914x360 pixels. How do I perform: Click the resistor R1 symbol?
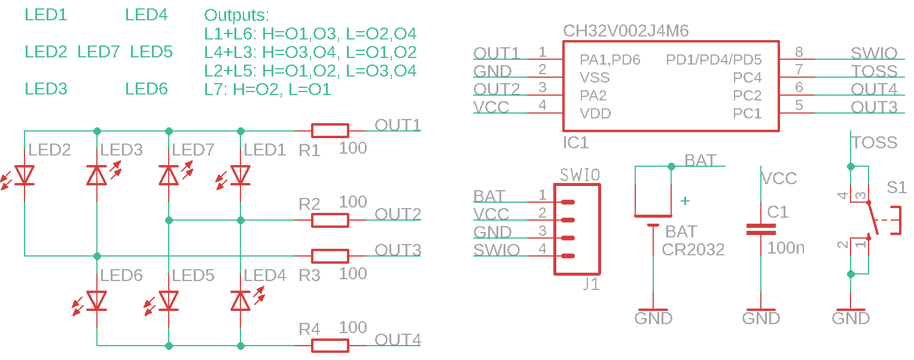click(x=330, y=131)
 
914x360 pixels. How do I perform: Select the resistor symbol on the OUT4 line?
click(x=330, y=345)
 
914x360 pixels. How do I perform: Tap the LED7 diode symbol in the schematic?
click(x=169, y=175)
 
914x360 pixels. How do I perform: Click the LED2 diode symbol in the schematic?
click(x=25, y=175)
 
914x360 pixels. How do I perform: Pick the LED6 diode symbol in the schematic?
click(x=97, y=300)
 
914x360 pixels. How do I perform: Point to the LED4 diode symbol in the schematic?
click(x=240, y=300)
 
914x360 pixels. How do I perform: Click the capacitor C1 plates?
click(x=761, y=230)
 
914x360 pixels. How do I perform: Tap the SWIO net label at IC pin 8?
click(x=874, y=53)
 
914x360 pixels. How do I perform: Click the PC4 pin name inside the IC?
click(x=747, y=78)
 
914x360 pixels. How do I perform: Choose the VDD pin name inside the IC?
click(x=595, y=114)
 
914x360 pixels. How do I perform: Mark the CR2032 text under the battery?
click(x=693, y=249)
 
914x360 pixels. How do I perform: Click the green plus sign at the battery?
click(x=685, y=202)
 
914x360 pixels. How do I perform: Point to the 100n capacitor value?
click(x=786, y=247)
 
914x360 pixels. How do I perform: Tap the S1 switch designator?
click(x=896, y=188)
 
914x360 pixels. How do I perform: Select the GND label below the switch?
click(x=851, y=318)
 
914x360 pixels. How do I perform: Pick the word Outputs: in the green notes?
click(x=237, y=16)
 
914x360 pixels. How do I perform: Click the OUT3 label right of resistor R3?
click(x=398, y=249)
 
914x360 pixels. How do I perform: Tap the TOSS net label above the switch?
click(x=875, y=142)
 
